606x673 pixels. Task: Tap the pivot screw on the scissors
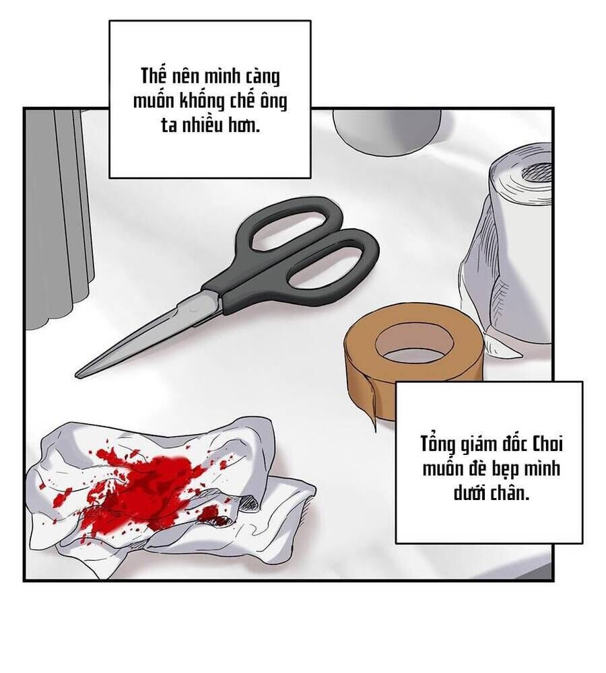coord(195,308)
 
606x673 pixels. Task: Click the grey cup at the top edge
coord(386,132)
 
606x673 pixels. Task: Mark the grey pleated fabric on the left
coord(59,215)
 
